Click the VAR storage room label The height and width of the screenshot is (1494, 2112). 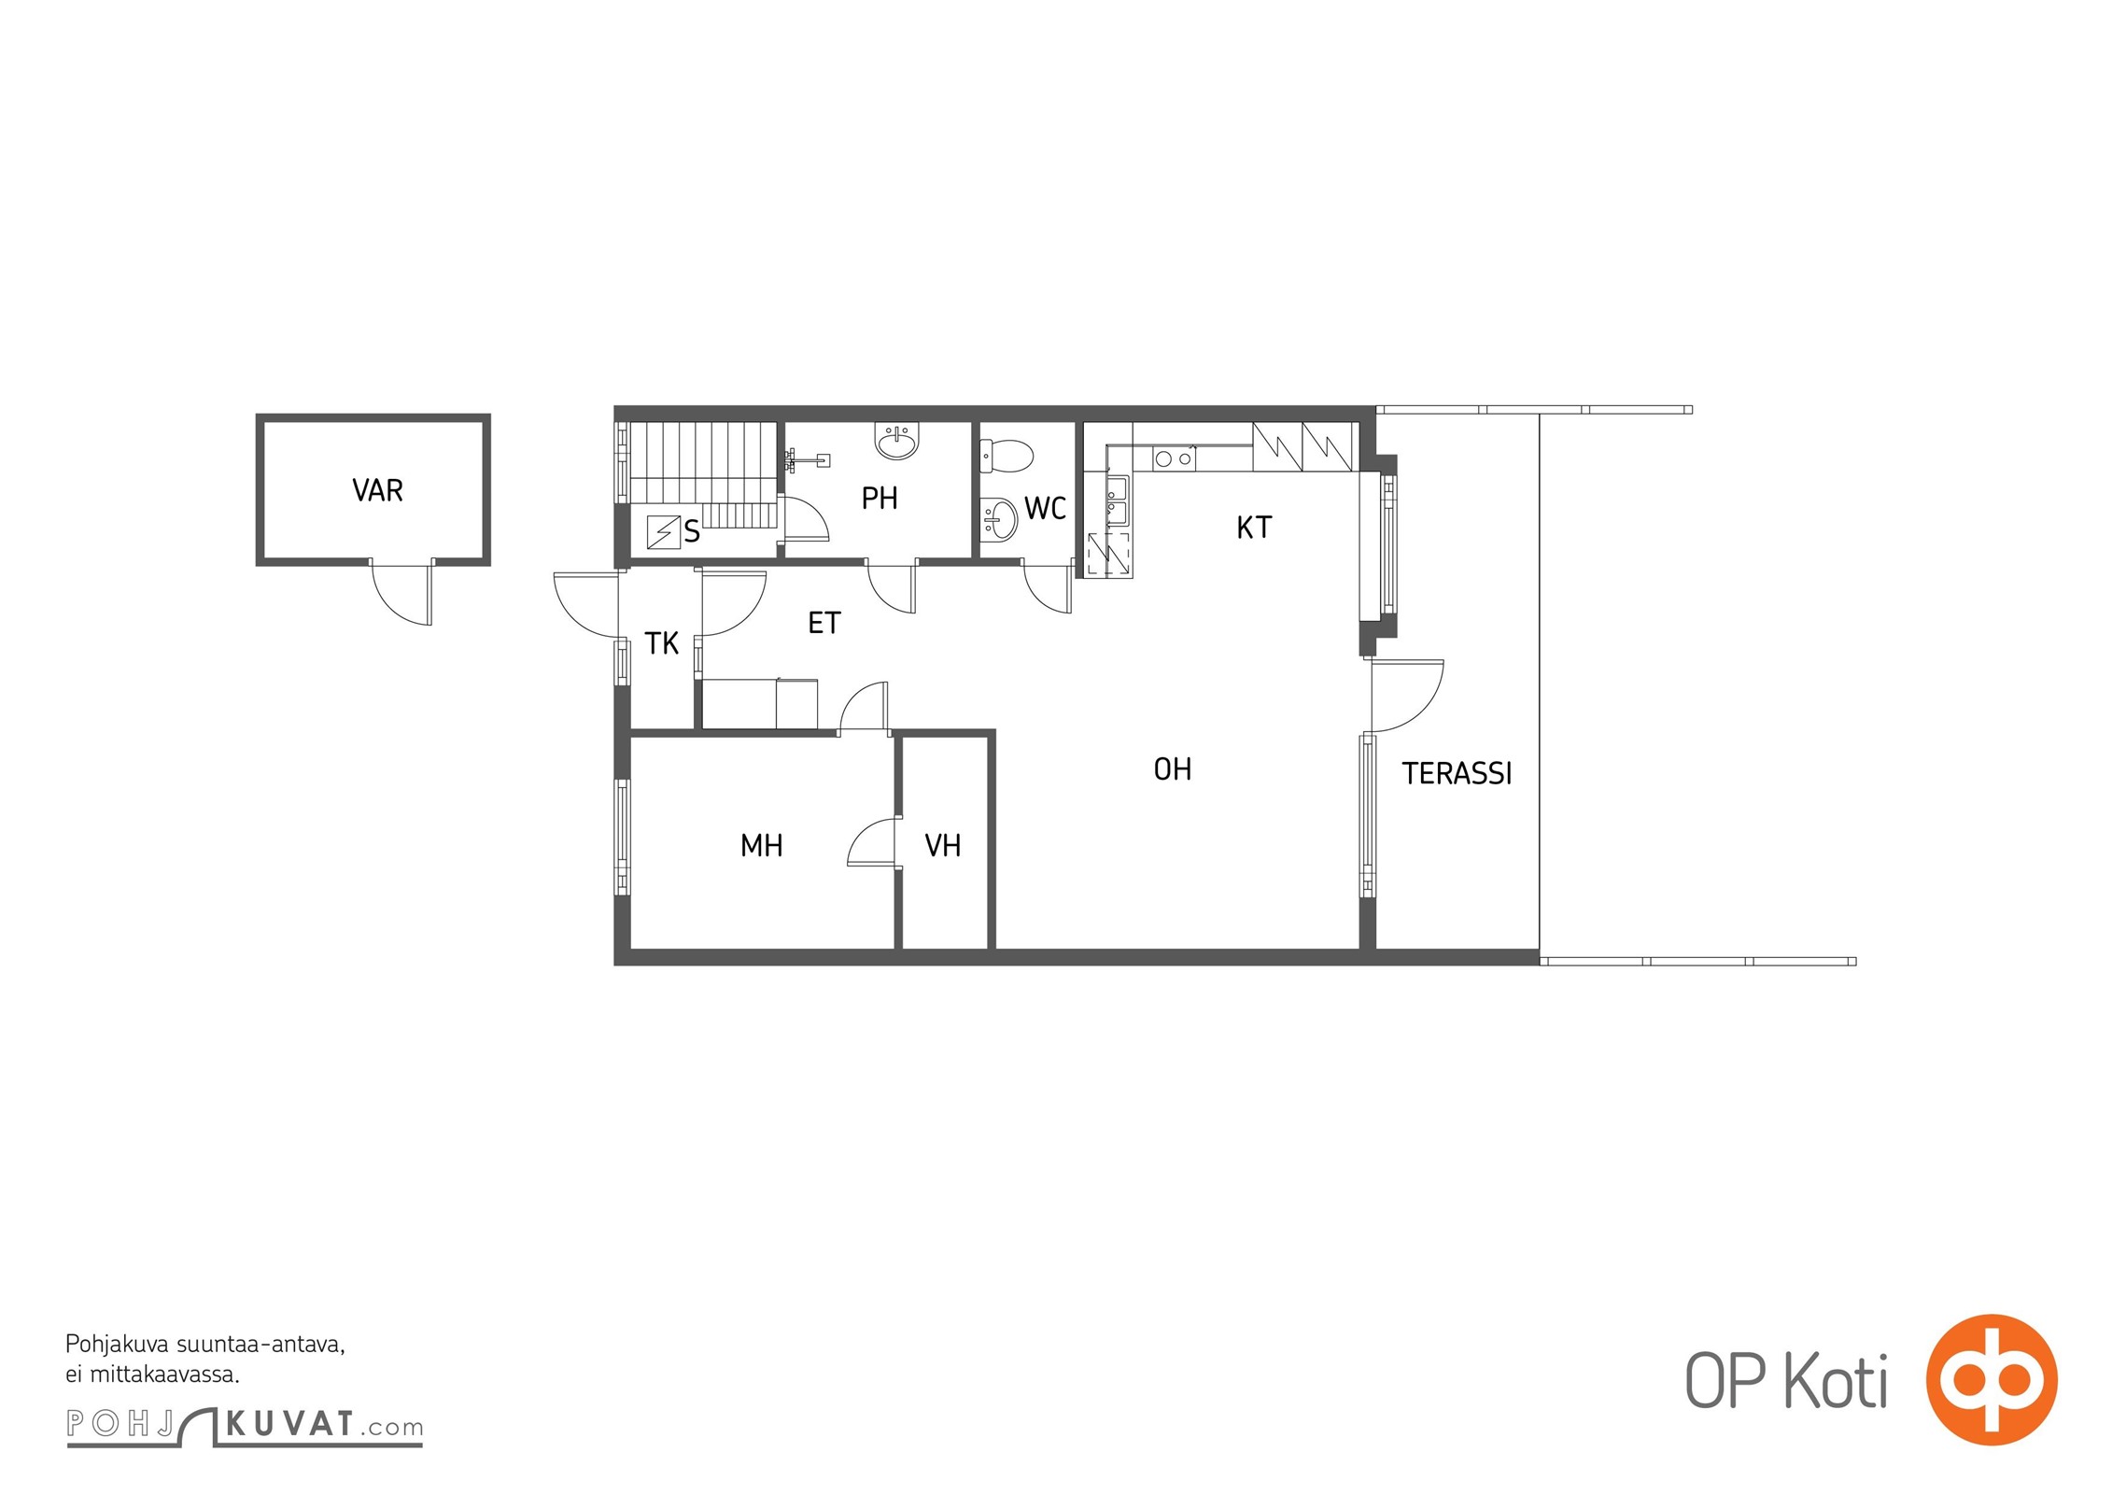377,490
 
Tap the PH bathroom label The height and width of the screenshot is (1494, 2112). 880,499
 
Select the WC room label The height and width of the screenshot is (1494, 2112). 1045,508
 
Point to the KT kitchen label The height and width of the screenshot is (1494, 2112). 1254,528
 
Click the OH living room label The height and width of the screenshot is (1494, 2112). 1173,769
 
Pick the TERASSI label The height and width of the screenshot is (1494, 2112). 1457,773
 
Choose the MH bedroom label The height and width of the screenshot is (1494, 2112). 762,846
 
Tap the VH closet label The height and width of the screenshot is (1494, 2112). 943,846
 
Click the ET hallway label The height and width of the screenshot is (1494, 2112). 824,623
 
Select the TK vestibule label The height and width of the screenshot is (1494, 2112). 662,643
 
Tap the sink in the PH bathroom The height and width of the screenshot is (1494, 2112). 898,441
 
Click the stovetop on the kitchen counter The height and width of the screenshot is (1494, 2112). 1174,458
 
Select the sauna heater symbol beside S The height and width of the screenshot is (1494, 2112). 664,532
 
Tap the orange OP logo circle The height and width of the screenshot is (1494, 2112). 1992,1379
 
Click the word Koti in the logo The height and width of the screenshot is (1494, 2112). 1837,1382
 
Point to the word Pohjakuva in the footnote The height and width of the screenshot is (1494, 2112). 117,1346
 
